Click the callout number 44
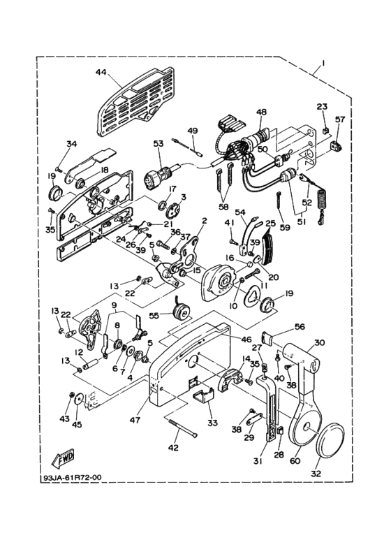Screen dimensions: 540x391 (x=102, y=72)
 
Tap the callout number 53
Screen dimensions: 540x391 (x=158, y=144)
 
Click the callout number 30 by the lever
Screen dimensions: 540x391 (x=319, y=342)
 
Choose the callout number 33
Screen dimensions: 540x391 (x=212, y=423)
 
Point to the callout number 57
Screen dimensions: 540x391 (x=340, y=119)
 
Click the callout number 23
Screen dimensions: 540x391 (x=322, y=106)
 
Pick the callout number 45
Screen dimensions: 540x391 (x=78, y=424)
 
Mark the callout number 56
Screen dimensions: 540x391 (x=299, y=326)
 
